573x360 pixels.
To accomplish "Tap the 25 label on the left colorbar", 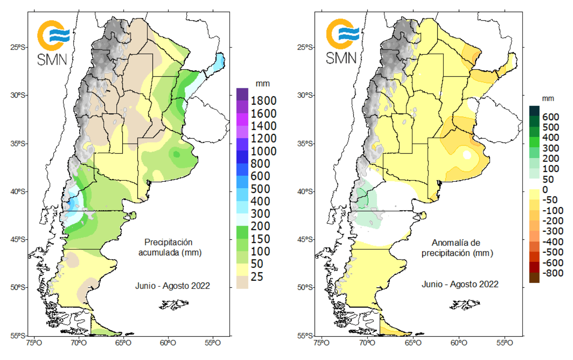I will (x=257, y=276).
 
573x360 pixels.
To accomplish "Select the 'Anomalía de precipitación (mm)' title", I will (x=457, y=248).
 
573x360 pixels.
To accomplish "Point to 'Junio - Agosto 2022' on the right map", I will (x=460, y=284).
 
